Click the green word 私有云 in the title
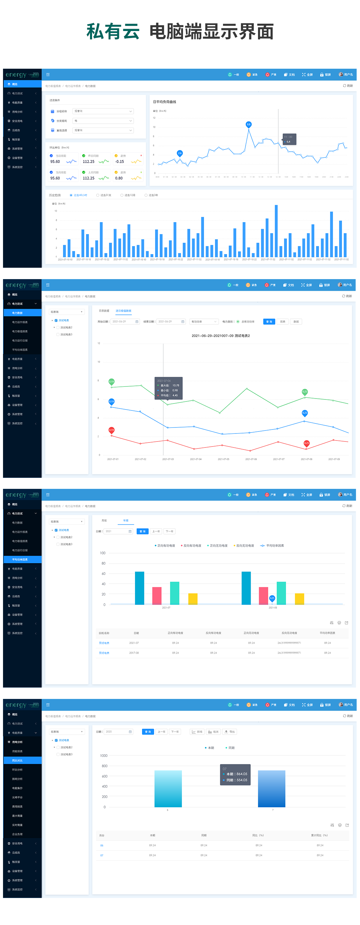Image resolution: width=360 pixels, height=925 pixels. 113,32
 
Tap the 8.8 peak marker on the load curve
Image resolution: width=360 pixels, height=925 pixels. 248,124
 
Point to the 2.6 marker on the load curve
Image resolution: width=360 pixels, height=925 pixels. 180,153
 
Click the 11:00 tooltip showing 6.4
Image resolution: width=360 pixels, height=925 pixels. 289,139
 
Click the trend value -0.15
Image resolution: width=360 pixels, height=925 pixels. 120,162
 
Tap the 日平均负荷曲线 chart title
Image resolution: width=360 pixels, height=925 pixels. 164,102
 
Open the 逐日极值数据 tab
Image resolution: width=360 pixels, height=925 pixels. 123,310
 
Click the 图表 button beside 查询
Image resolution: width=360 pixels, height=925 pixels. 283,322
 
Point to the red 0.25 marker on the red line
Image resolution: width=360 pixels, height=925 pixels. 307,443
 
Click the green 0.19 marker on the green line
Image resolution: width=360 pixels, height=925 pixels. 112,381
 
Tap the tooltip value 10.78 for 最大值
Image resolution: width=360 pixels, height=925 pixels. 176,385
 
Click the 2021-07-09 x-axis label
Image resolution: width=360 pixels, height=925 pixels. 334,459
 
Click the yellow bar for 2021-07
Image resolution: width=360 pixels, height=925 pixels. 193,599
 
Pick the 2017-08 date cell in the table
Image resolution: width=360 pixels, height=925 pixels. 134,653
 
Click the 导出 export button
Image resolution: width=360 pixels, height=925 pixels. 230,732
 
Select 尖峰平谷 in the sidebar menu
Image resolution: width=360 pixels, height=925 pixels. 17,797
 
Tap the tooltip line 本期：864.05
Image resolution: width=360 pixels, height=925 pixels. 237,774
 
